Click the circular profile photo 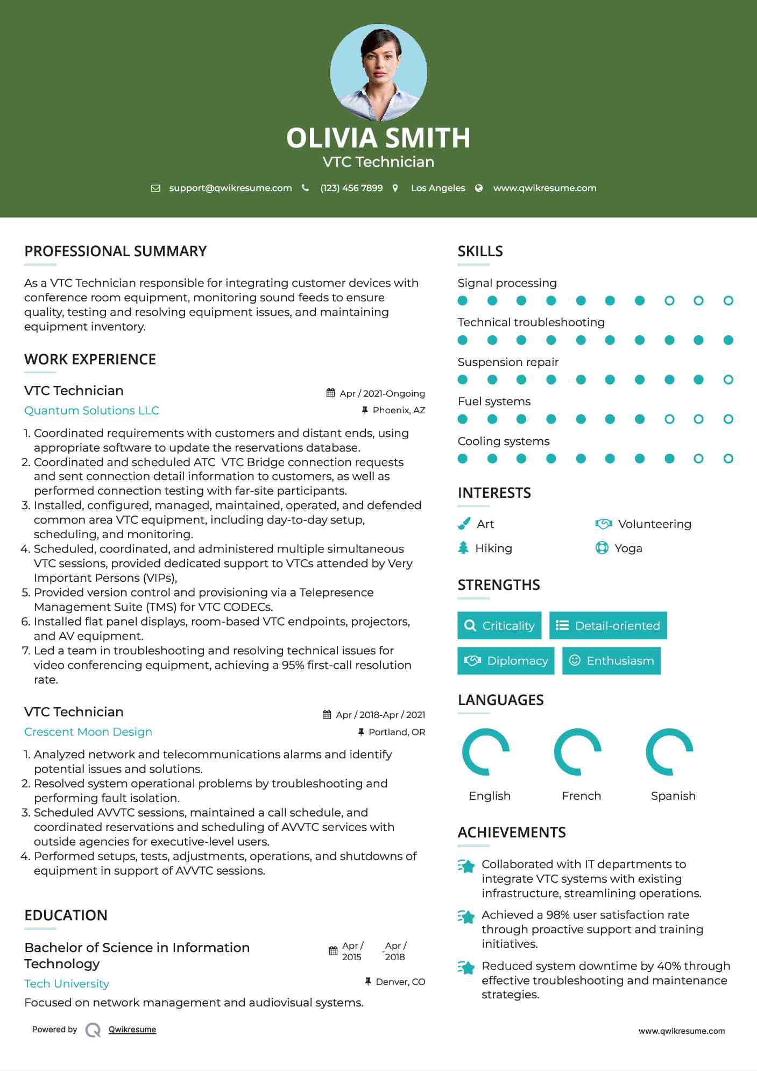coord(378,72)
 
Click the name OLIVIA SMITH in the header coord(378,138)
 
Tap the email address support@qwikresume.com coord(230,188)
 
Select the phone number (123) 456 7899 coord(351,188)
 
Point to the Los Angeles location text coord(438,188)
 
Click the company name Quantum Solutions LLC coord(91,411)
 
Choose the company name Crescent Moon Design coord(88,732)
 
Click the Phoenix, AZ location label coord(399,410)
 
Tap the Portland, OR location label coord(397,732)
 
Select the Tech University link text coord(67,984)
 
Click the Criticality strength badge coord(499,625)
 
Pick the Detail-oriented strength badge coord(608,625)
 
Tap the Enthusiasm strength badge coord(611,660)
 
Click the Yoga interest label coord(628,548)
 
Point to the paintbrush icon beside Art coord(464,524)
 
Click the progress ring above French coord(577,752)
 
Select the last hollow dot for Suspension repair coord(728,379)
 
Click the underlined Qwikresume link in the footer coord(132,1030)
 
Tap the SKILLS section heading coord(480,251)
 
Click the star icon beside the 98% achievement coord(466,916)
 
